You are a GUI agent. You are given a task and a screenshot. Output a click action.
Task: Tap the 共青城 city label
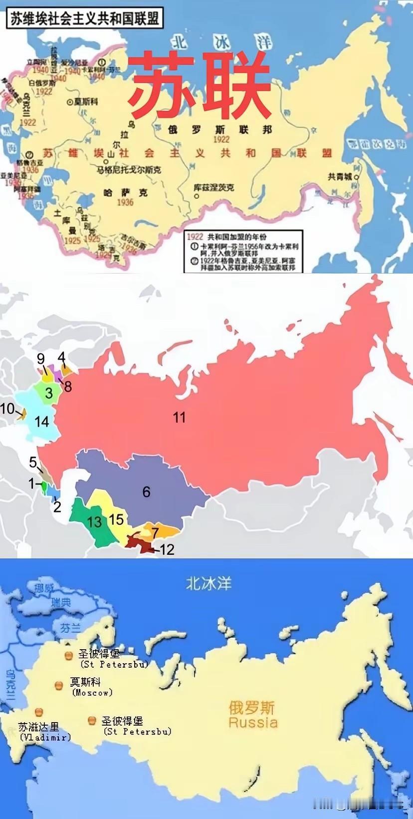pyautogui.click(x=340, y=176)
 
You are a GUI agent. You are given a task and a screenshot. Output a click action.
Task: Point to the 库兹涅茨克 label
pyautogui.click(x=213, y=188)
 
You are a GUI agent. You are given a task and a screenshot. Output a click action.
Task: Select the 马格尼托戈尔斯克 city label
pyautogui.click(x=129, y=170)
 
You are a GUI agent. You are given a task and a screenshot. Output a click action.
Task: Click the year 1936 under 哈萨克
pyautogui.click(x=125, y=202)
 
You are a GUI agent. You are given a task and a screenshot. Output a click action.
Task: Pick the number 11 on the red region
pyautogui.click(x=179, y=417)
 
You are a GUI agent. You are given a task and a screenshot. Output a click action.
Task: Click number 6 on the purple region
pyautogui.click(x=146, y=492)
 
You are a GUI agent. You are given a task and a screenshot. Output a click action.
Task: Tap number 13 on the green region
pyautogui.click(x=94, y=522)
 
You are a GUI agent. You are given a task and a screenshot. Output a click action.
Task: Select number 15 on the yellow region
pyautogui.click(x=116, y=519)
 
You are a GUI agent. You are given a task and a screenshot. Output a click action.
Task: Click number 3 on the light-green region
pyautogui.click(x=49, y=393)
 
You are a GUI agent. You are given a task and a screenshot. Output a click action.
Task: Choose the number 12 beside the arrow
pyautogui.click(x=167, y=550)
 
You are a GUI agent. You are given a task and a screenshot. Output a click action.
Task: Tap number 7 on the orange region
pyautogui.click(x=155, y=533)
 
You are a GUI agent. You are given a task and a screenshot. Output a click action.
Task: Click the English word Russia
pyautogui.click(x=253, y=722)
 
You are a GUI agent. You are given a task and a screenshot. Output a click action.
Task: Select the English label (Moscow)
pyautogui.click(x=92, y=693)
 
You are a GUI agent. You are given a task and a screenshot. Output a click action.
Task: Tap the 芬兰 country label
pyautogui.click(x=70, y=628)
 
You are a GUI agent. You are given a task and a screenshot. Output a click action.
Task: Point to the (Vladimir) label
pyautogui.click(x=45, y=737)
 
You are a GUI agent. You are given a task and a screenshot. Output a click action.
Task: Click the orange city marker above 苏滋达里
pyautogui.click(x=38, y=713)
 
